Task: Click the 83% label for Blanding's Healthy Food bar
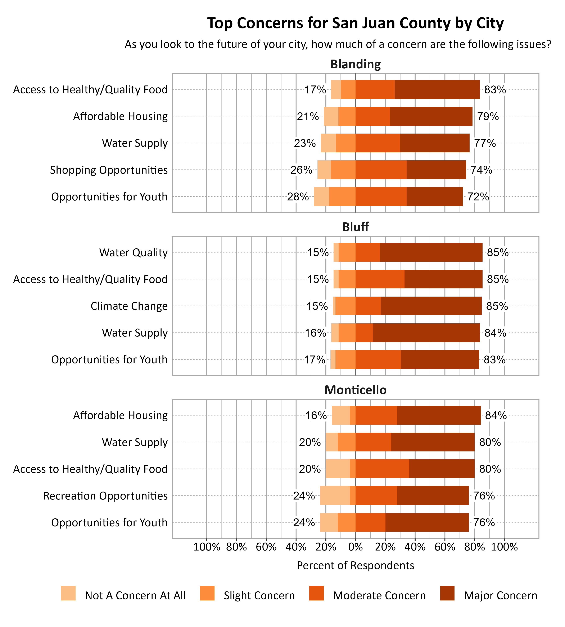(495, 90)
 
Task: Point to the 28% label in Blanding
(298, 197)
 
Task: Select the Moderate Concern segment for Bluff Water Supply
(364, 333)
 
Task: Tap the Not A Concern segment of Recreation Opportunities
(335, 496)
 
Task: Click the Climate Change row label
(129, 306)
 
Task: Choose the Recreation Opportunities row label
(105, 496)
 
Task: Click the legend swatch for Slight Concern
(207, 593)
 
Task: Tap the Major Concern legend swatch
(447, 593)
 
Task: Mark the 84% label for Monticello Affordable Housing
(496, 415)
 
